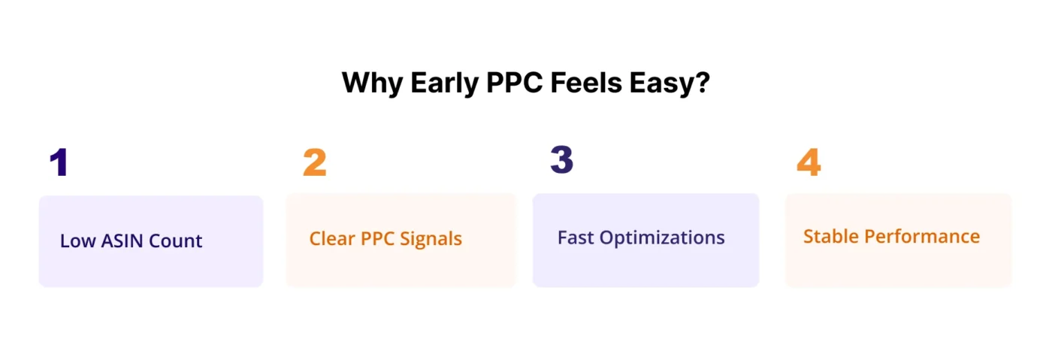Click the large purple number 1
pyautogui.click(x=59, y=162)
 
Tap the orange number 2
pyautogui.click(x=314, y=162)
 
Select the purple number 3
pyautogui.click(x=561, y=160)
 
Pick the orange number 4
pyautogui.click(x=809, y=162)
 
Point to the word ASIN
pyautogui.click(x=120, y=241)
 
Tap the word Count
pyautogui.click(x=176, y=241)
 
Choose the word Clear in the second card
pyautogui.click(x=331, y=239)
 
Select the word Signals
pyautogui.click(x=432, y=240)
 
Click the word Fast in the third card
pyautogui.click(x=575, y=237)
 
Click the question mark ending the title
pyautogui.click(x=703, y=83)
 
